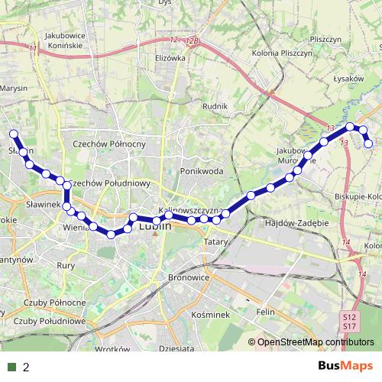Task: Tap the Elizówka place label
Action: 170,57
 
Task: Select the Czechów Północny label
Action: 108,144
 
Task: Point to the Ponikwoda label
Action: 201,171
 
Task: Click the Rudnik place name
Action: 215,107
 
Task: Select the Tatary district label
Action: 212,241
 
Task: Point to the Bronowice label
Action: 187,277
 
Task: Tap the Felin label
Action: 265,312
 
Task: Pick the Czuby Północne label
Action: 54,303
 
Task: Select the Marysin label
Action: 14,88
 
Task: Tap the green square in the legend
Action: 12,367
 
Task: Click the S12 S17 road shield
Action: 349,322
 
